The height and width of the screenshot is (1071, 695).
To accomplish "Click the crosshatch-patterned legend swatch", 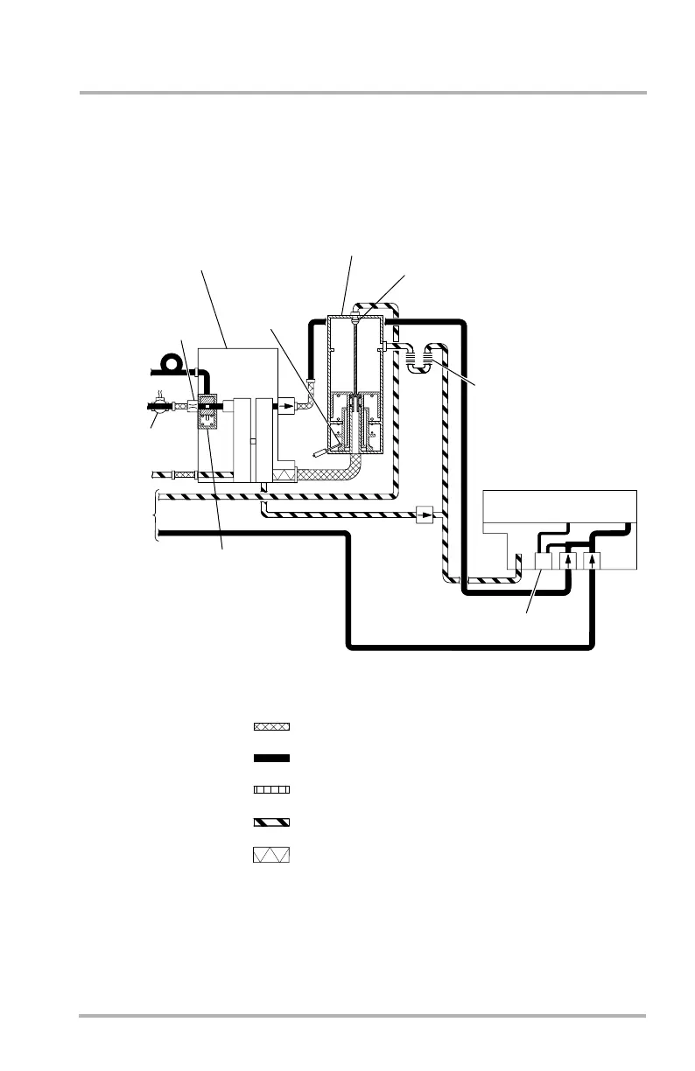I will coord(270,726).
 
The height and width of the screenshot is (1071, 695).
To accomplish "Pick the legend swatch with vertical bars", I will coord(270,789).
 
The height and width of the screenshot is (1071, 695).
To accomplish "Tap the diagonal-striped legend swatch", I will coord(270,822).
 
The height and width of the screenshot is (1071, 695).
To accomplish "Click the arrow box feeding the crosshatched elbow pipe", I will coord(287,406).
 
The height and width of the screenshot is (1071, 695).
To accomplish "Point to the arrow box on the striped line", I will coord(425,515).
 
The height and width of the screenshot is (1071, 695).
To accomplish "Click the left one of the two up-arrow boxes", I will coord(571,560).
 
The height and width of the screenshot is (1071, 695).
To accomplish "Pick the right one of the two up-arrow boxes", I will coord(594,560).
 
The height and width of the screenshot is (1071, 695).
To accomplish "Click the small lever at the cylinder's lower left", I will coord(321,454).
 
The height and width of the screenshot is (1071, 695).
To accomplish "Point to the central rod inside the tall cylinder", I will coord(355,367).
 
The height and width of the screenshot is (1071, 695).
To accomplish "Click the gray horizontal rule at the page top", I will coord(362,92).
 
